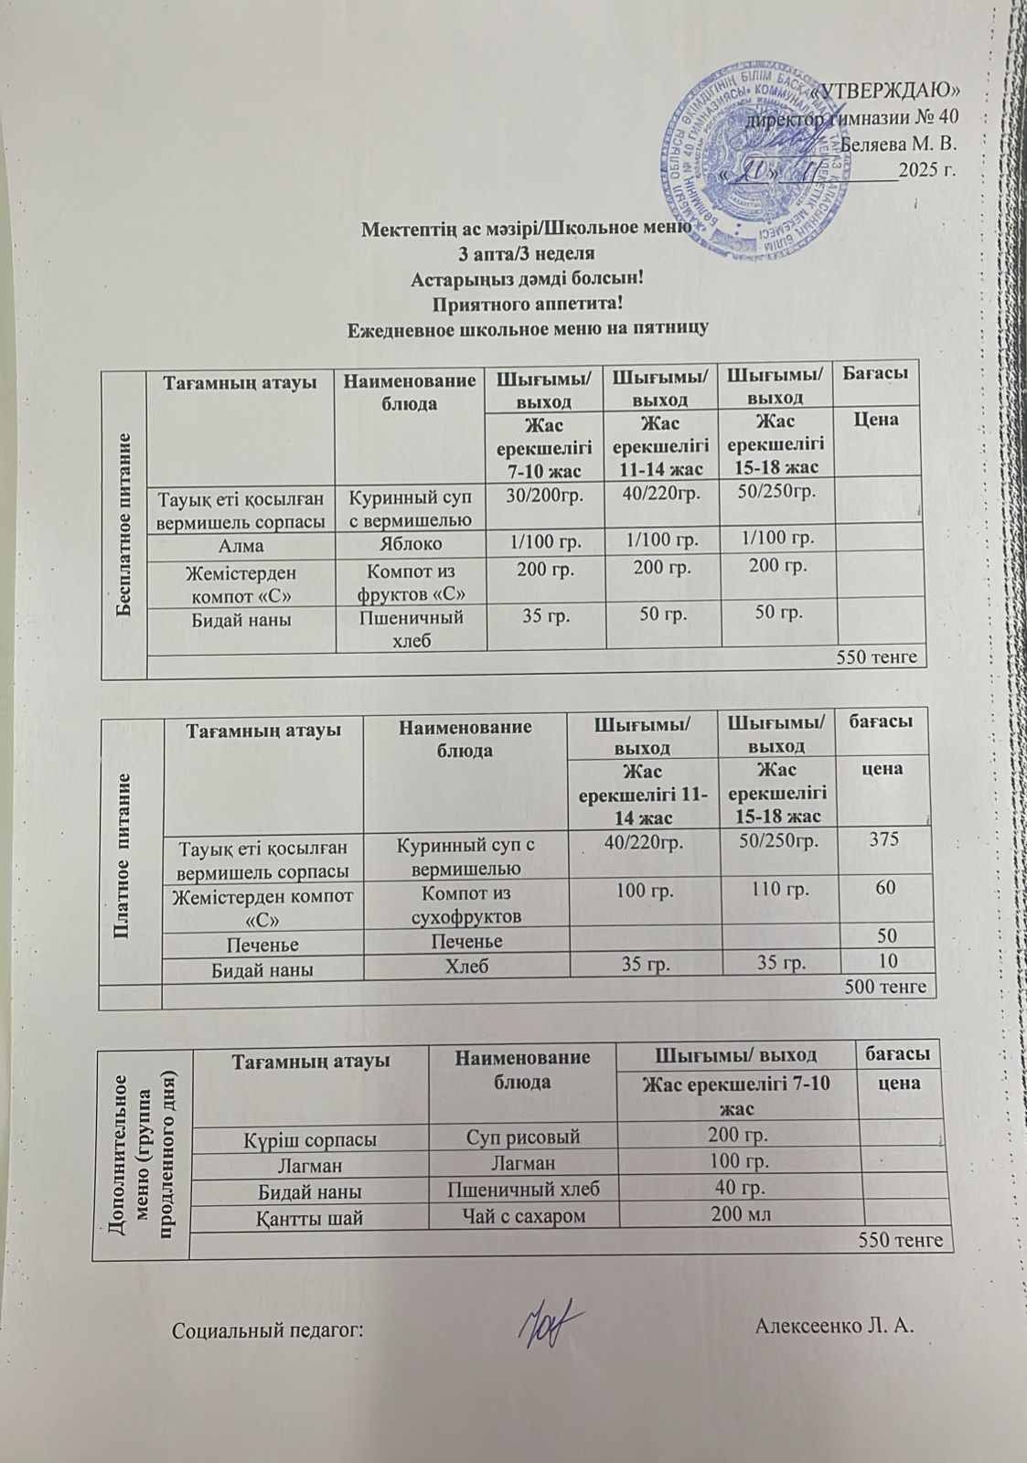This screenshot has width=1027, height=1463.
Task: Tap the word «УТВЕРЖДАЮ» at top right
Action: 884,91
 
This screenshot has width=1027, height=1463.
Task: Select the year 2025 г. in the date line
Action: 926,169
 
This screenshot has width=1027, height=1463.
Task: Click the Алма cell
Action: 241,545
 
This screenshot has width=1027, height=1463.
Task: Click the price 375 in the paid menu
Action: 883,840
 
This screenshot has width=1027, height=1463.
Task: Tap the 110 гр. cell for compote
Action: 778,888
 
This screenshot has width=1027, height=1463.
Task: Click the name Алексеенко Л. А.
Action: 835,1327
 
